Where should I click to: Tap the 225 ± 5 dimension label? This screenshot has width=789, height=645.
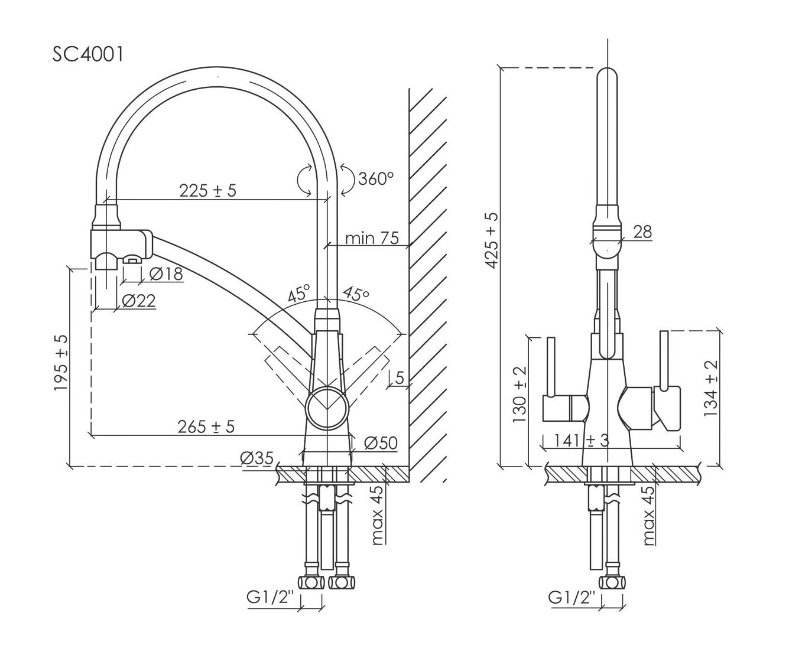coord(207,190)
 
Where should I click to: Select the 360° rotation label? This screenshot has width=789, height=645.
coord(375,178)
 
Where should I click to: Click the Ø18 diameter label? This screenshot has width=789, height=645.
coord(165,274)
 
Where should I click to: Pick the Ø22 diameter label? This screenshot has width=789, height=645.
coord(139,301)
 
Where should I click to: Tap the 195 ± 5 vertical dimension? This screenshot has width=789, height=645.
coord(61,363)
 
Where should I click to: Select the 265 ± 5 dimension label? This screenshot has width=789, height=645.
coord(206,426)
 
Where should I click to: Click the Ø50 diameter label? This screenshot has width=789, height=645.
coord(381,442)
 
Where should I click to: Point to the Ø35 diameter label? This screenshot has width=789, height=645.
coord(256,458)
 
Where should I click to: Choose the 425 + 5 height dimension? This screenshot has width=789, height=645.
coord(492,241)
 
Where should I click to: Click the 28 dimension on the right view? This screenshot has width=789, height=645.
coord(642,232)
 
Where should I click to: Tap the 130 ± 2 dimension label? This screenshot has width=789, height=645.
coord(519,394)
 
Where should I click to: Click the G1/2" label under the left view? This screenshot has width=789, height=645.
coord(270,598)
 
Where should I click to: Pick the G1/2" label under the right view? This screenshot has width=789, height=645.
coord(572,598)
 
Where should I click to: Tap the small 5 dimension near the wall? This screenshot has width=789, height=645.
coord(400,377)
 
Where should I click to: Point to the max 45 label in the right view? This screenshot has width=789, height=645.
coord(649,515)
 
